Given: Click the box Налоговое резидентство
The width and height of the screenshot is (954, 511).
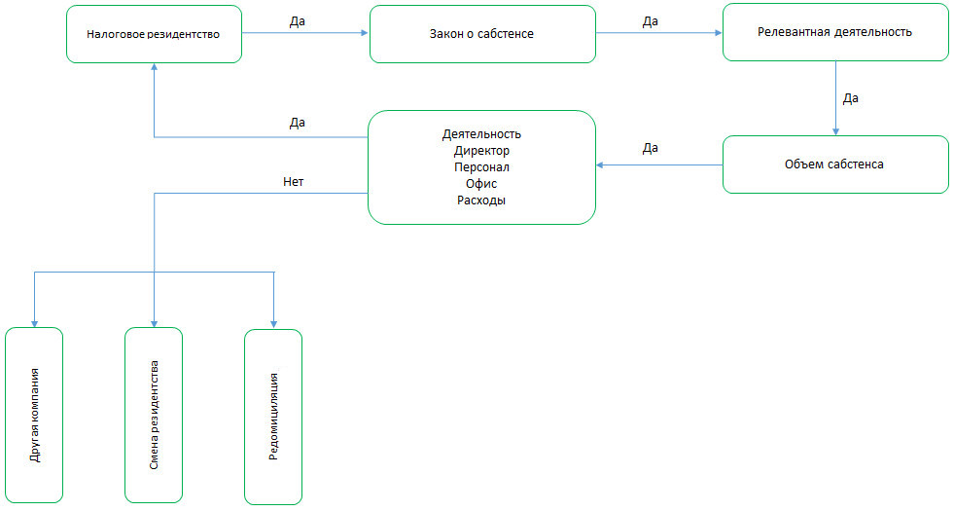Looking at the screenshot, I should coord(154,34).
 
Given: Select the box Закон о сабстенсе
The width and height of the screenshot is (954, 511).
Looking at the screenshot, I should coord(482,34).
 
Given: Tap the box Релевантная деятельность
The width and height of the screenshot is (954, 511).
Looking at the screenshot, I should coord(834,31).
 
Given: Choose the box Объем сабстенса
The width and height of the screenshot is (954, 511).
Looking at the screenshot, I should coord(834,164).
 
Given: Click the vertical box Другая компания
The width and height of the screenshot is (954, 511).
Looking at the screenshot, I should coord(34,415).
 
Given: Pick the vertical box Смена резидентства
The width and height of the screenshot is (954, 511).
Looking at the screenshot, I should coord(154,415).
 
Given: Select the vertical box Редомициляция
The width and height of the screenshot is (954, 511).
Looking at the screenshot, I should coord(273,415).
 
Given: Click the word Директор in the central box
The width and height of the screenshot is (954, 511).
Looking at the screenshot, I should coord(481,151).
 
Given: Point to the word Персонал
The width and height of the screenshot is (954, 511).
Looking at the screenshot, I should coord(481,167).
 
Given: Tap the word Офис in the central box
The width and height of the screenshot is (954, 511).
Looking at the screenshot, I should coord(481,184).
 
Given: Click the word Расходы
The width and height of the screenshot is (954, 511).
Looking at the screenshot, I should coord(481,201).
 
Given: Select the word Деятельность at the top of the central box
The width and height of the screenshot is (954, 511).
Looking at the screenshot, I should coord(481,134).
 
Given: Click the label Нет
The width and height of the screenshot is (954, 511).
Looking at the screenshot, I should coord(293,181).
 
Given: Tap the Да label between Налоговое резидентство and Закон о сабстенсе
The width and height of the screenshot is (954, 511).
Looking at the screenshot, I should coord(298,20).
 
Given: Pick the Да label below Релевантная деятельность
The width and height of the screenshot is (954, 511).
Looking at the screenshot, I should coord(850,98).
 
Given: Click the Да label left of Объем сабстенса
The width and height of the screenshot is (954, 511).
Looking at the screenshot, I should coord(650,148).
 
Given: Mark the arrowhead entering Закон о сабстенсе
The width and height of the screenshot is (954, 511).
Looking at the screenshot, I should coord(366,34).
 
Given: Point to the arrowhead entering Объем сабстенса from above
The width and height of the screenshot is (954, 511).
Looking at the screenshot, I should coord(835,131).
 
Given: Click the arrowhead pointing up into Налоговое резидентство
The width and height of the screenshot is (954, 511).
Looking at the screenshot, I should coord(154,68).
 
